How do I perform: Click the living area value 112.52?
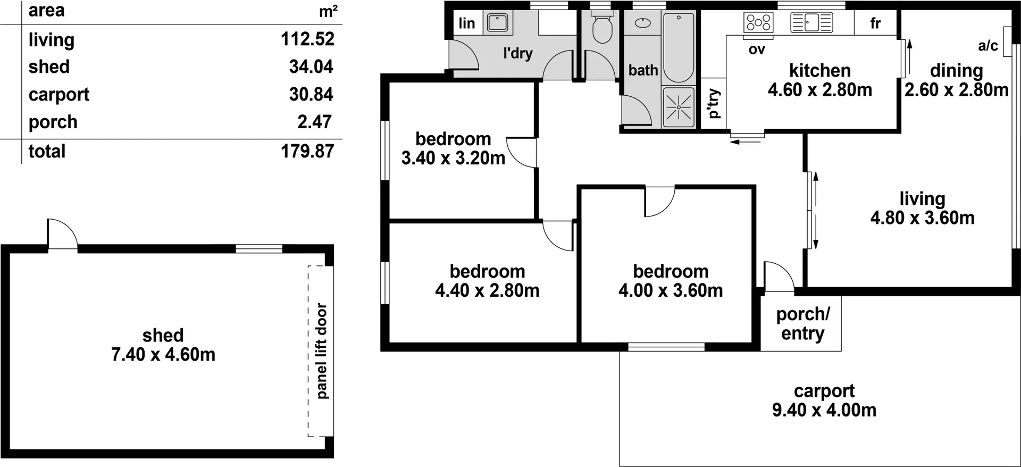click(x=307, y=39)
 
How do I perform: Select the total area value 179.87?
click(x=307, y=151)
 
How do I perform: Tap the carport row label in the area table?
click(x=58, y=94)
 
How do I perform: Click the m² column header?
click(x=328, y=11)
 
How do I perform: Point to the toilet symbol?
click(x=602, y=28)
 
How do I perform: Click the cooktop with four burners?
click(x=758, y=22)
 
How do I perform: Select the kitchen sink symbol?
click(x=811, y=22)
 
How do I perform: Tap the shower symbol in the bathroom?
click(x=679, y=107)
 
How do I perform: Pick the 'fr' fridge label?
click(x=875, y=23)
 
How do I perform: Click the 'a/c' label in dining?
click(x=987, y=46)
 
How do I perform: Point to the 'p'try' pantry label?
click(x=714, y=103)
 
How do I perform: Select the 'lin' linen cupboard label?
click(x=466, y=23)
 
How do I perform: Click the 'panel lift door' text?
click(x=321, y=351)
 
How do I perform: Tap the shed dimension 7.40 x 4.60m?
click(x=163, y=354)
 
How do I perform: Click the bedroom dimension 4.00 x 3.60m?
click(x=671, y=290)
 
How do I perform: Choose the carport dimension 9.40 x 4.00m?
click(x=824, y=410)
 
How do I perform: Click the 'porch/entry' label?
click(x=802, y=323)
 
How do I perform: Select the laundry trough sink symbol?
click(x=498, y=23)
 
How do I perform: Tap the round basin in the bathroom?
click(x=643, y=23)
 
